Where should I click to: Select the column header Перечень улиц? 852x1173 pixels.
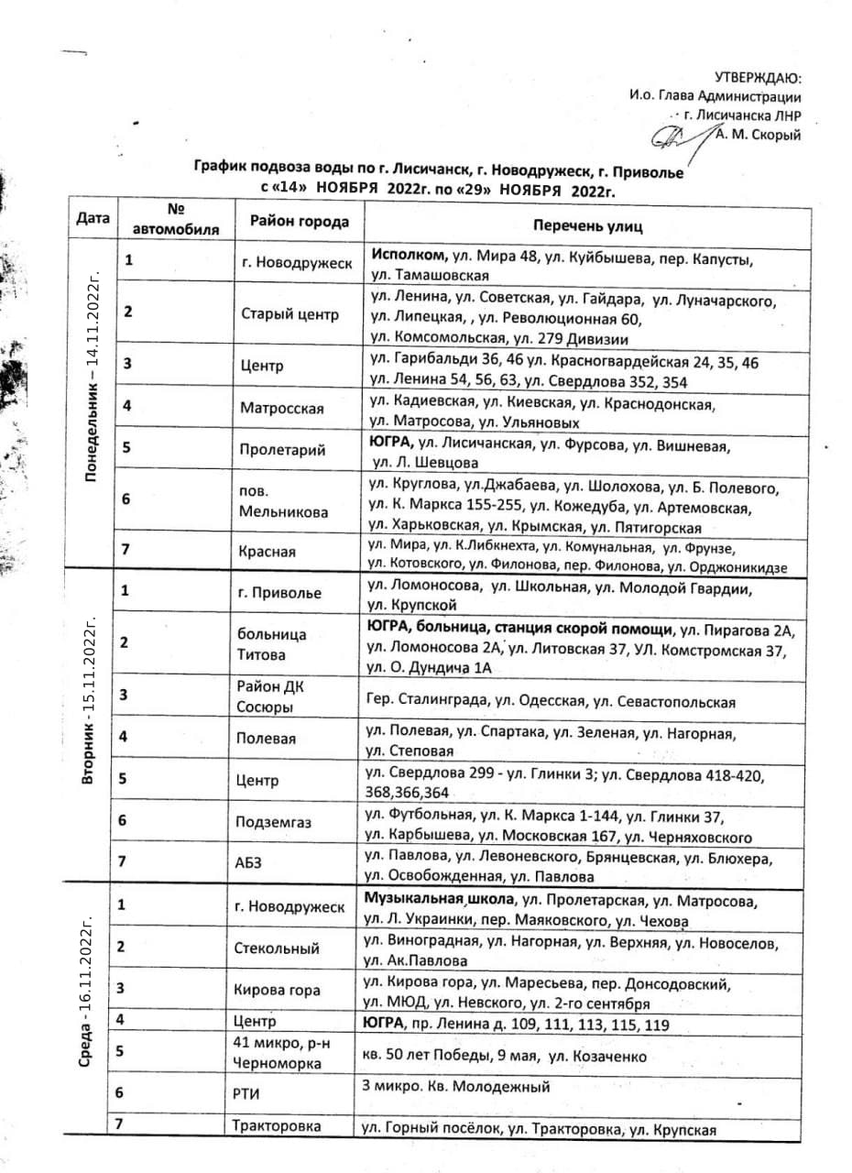pyautogui.click(x=589, y=225)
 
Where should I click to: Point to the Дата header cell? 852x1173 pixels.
pyautogui.click(x=93, y=219)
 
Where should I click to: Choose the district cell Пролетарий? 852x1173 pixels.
pyautogui.click(x=280, y=450)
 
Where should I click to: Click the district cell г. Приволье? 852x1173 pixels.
pyautogui.click(x=280, y=593)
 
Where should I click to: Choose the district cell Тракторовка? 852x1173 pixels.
pyautogui.click(x=277, y=1126)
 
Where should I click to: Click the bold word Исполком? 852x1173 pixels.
pyautogui.click(x=408, y=253)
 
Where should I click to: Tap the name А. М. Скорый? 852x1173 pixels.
pyautogui.click(x=758, y=136)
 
